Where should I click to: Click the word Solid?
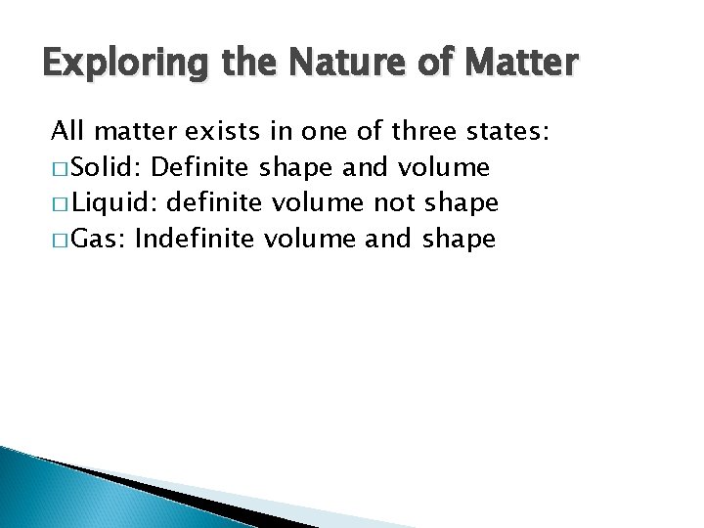(109, 167)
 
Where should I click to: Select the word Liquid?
(115, 202)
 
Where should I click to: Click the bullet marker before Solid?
(60, 168)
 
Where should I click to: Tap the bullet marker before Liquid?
(60, 203)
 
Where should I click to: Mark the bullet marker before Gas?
(60, 239)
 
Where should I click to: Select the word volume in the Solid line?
(445, 167)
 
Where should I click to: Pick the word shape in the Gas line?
(460, 239)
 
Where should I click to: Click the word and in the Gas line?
(387, 238)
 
